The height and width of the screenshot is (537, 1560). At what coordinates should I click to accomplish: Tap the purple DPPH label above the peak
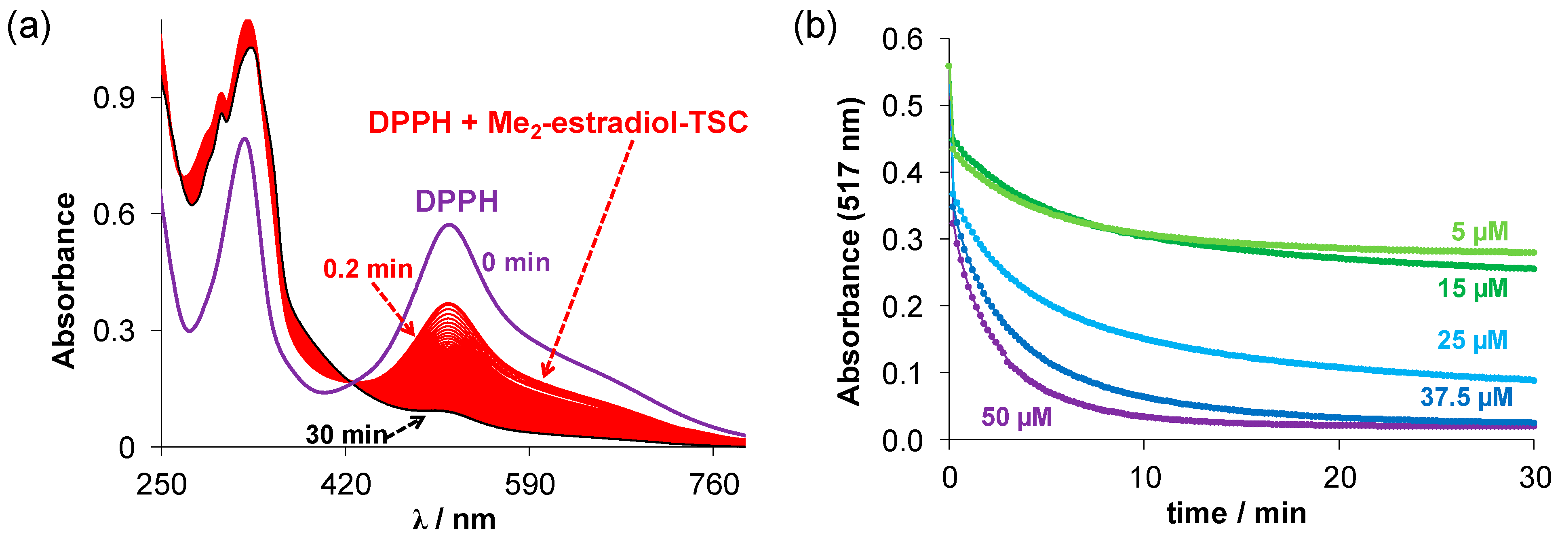point(456,201)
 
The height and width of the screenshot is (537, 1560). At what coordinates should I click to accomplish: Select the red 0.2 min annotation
point(368,269)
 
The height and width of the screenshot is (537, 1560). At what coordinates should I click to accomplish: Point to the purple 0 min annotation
point(515,263)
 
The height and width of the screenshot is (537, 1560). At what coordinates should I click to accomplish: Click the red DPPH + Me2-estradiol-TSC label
point(558,123)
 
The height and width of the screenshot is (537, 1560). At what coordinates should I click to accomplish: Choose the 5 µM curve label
point(1480,231)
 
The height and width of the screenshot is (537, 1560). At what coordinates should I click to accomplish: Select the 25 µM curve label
point(1472,340)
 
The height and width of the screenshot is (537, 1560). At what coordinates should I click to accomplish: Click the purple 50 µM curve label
point(1017,417)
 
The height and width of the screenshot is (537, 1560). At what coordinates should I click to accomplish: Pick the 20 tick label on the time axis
point(1339,478)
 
